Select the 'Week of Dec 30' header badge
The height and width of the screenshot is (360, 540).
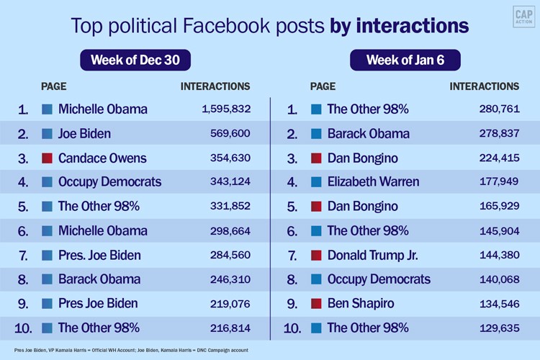pyautogui.click(x=135, y=60)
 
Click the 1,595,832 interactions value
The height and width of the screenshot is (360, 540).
pyautogui.click(x=226, y=109)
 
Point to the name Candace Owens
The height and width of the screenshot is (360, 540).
pyautogui.click(x=102, y=158)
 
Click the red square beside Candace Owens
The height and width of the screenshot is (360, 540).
pyautogui.click(x=48, y=158)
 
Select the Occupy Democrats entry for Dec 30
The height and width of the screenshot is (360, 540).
pyautogui.click(x=109, y=182)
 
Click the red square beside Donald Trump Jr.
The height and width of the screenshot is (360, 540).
pyautogui.click(x=316, y=255)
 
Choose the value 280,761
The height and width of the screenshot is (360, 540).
pyautogui.click(x=499, y=109)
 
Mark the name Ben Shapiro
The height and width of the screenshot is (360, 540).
pyautogui.click(x=361, y=303)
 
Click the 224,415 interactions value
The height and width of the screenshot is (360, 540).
pyautogui.click(x=499, y=158)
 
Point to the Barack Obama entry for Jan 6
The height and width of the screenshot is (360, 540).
pyautogui.click(x=368, y=134)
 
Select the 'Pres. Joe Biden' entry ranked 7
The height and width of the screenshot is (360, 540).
pyautogui.click(x=99, y=255)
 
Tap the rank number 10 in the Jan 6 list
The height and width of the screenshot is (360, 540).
pyautogui.click(x=292, y=328)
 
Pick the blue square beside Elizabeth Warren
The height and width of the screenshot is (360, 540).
pyautogui.click(x=316, y=182)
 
